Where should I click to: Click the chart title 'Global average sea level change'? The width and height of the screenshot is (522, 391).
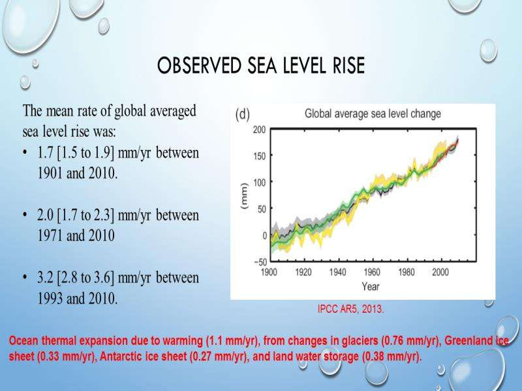(373, 114)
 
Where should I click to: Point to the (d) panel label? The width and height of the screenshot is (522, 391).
(242, 115)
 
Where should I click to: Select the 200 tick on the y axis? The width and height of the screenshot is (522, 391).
(260, 130)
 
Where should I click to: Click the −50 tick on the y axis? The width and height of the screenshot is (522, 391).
(257, 261)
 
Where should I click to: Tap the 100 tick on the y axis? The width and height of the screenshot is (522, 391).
(260, 182)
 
